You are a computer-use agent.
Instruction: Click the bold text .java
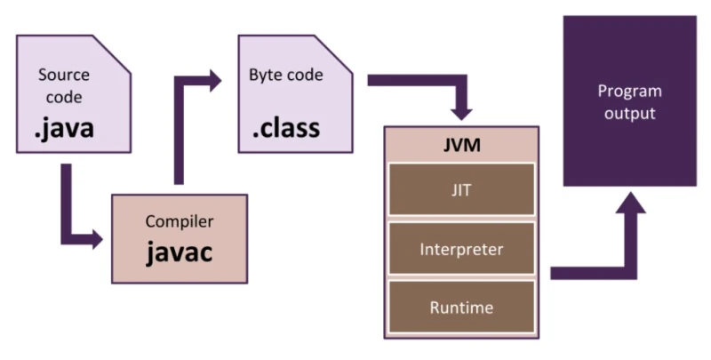(64, 131)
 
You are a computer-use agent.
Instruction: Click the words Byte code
(286, 76)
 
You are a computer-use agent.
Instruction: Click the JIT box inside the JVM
(460, 188)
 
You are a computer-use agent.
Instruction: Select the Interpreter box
(460, 249)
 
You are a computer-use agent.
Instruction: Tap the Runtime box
(460, 308)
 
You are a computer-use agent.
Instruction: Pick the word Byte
(266, 76)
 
